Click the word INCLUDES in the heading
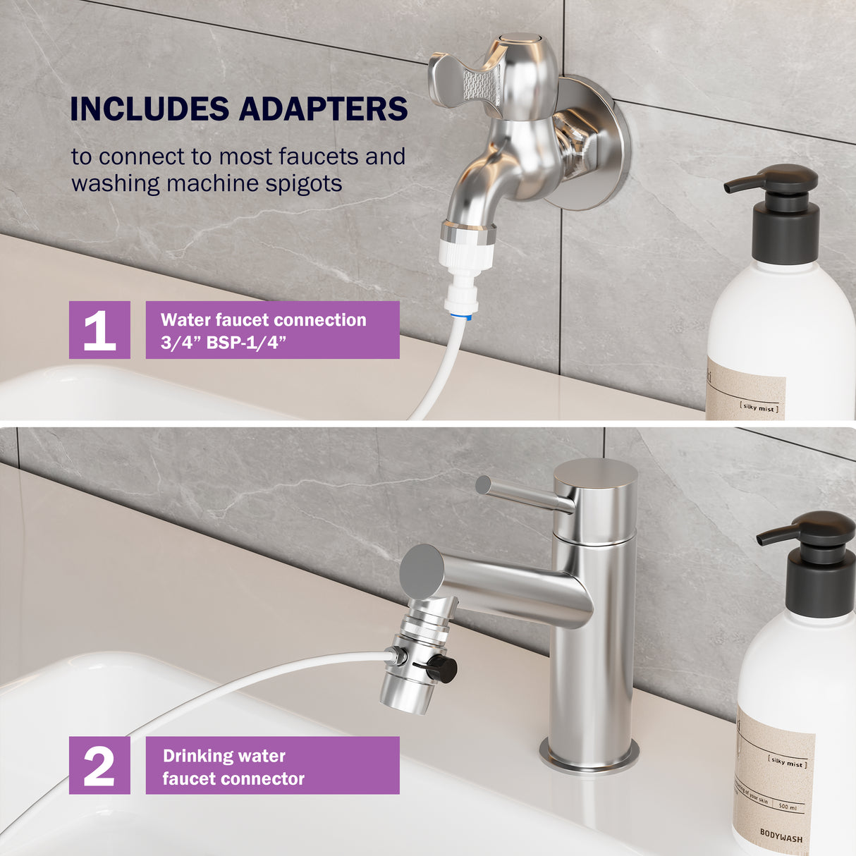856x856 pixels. [149, 109]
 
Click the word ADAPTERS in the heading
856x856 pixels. [323, 109]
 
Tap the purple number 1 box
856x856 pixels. [99, 330]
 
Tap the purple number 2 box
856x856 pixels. [99, 765]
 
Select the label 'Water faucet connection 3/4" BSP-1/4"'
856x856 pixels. [272, 330]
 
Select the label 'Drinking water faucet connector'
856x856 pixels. [272, 766]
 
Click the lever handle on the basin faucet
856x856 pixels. [522, 493]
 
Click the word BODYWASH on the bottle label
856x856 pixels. [781, 837]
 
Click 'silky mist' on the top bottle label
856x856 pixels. [759, 408]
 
